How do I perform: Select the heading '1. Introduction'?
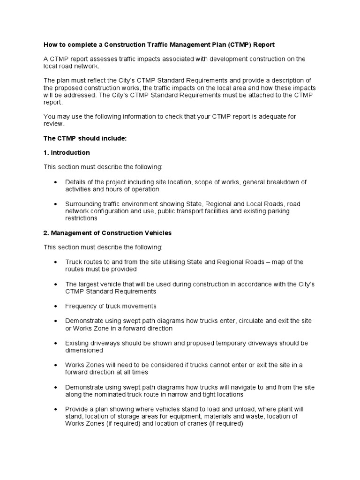[x=67, y=153]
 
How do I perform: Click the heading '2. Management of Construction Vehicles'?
[x=108, y=233]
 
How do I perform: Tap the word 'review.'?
[x=53, y=124]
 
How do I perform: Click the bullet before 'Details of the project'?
[x=57, y=182]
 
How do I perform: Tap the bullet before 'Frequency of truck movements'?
[x=57, y=306]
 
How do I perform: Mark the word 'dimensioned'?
[x=84, y=350]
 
